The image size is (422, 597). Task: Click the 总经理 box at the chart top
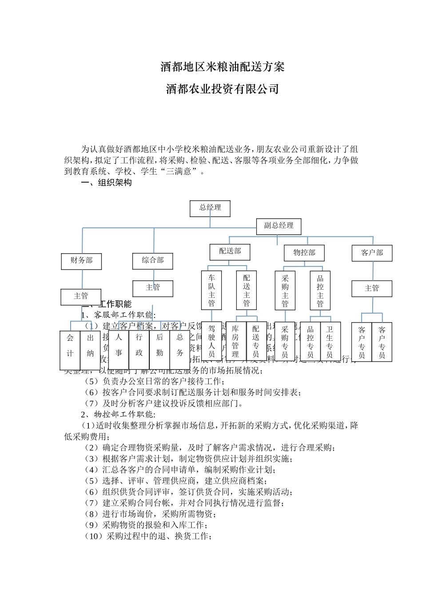coord(210,208)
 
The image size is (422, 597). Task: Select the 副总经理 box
coord(279,226)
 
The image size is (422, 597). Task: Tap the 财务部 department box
coord(81,261)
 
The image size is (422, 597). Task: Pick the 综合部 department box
coord(152,261)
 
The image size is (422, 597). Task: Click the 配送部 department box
coord(230,252)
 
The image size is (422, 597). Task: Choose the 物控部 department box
coord(304,253)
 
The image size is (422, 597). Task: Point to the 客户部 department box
coord(372,253)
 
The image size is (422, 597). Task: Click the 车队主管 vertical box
coord(211,291)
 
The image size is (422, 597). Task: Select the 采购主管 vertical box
coord(285,291)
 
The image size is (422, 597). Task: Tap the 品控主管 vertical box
coord(320,291)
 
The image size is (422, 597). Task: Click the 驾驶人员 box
coord(211,341)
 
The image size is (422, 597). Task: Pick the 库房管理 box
coord(235,341)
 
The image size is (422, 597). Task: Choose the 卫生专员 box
coord(330,341)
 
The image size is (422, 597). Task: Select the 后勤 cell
coord(159,344)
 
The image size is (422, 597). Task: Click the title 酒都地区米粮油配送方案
coord(222,67)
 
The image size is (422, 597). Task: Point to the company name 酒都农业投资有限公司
coord(222,89)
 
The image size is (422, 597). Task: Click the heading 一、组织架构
coord(107,183)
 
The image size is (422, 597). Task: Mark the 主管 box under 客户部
coord(372,288)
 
